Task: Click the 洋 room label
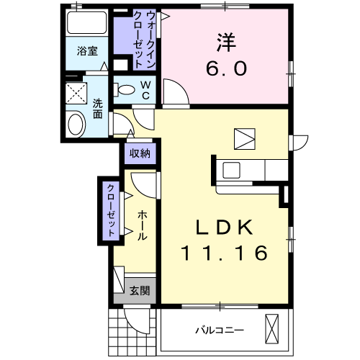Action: click(228, 42)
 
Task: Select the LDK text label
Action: click(225, 228)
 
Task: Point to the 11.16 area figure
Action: click(225, 253)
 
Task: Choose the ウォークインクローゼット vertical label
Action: click(138, 40)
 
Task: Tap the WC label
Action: click(144, 91)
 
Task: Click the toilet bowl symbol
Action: click(125, 91)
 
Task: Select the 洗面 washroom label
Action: click(98, 107)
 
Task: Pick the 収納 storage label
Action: click(140, 153)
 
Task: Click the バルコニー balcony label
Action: click(219, 330)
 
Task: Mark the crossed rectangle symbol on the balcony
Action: click(272, 329)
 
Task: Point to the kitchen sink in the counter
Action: click(233, 171)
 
